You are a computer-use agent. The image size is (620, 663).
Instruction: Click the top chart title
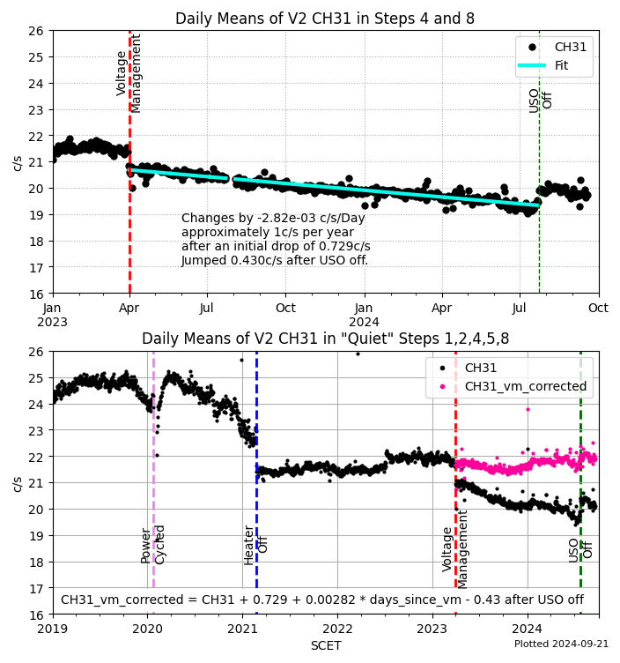coord(325,19)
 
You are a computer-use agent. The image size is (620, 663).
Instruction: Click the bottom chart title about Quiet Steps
coord(325,339)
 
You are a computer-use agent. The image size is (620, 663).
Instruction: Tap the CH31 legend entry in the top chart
coord(571,47)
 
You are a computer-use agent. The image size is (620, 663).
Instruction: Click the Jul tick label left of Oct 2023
coord(207,308)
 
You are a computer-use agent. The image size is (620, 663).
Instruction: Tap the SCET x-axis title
coord(325,645)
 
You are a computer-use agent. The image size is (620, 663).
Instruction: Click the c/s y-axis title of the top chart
coord(17,162)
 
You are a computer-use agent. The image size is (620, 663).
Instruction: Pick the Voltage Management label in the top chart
coord(129,73)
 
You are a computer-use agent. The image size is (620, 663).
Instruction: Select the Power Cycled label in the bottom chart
coord(153,545)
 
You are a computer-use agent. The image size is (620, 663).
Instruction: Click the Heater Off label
coord(255,545)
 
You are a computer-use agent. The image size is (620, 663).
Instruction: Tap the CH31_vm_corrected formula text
coord(321,600)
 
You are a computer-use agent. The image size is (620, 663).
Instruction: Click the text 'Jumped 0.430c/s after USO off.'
coord(275,260)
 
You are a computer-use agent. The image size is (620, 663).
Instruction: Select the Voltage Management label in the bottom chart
coord(455,548)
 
